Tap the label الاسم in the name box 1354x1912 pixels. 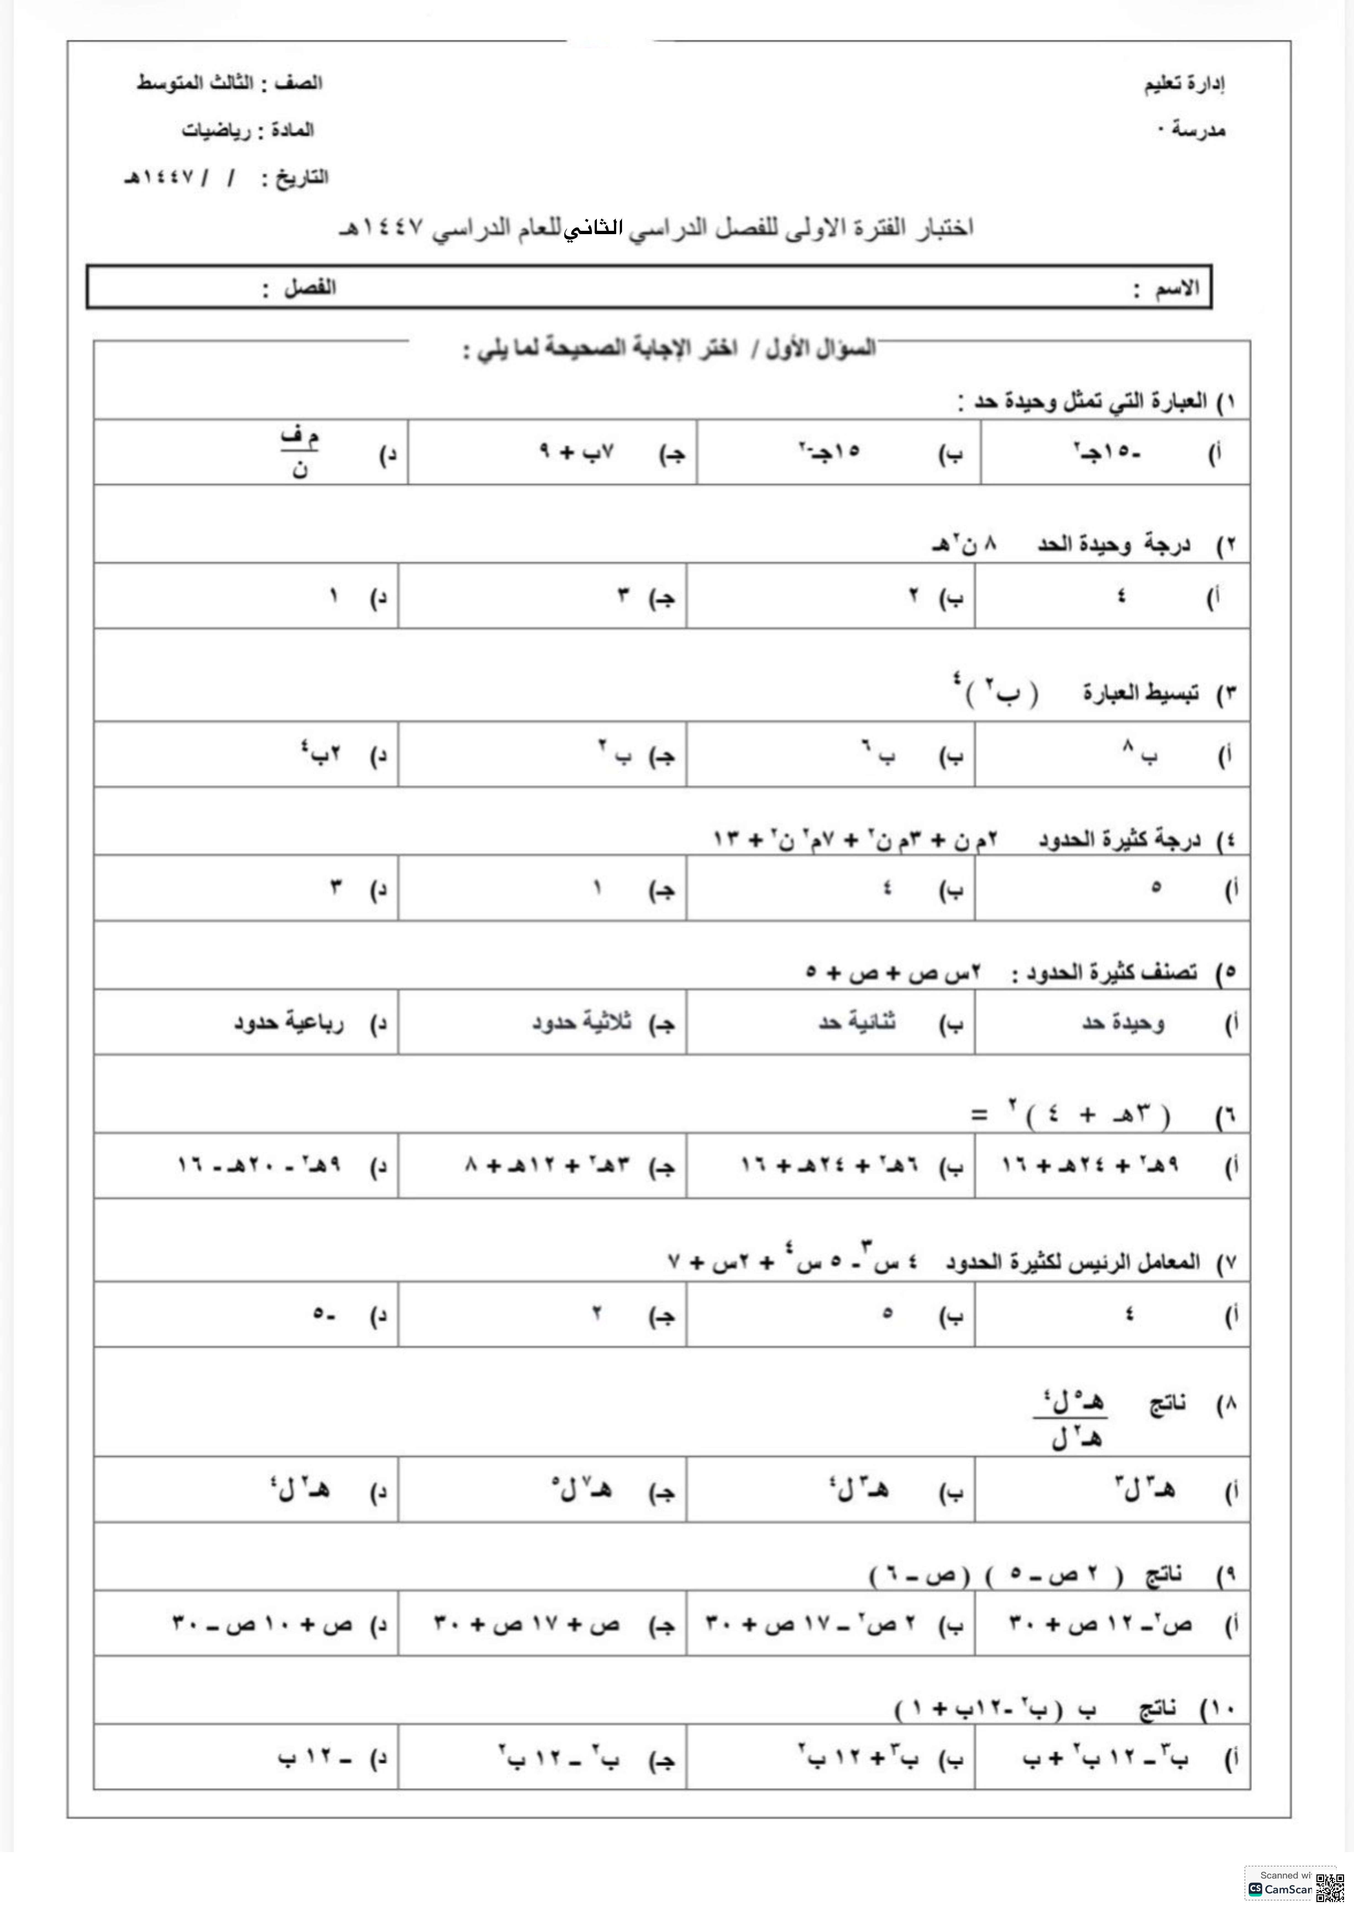click(x=1176, y=289)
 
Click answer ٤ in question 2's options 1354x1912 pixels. click(x=1121, y=596)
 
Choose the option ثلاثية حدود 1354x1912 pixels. click(x=582, y=1022)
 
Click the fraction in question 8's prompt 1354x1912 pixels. click(x=1074, y=1419)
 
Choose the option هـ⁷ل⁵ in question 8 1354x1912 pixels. click(x=581, y=1489)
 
